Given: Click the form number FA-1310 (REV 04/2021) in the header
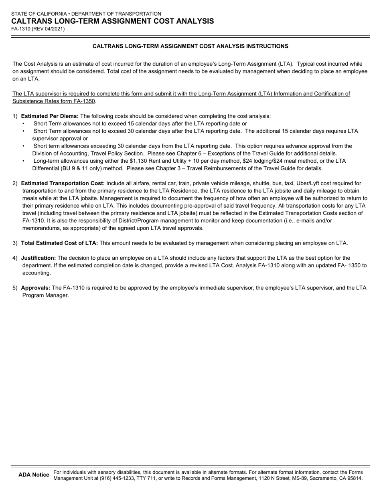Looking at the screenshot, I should coord(38,29).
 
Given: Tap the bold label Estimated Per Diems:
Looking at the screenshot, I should coord(50,116).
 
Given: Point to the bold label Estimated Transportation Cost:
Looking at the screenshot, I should coord(63,183).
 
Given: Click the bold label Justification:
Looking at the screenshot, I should coord(39,258).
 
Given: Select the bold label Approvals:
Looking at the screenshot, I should coord(36,288).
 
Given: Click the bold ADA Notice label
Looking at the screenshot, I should coord(34,475).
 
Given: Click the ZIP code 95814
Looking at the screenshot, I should coord(355,478).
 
